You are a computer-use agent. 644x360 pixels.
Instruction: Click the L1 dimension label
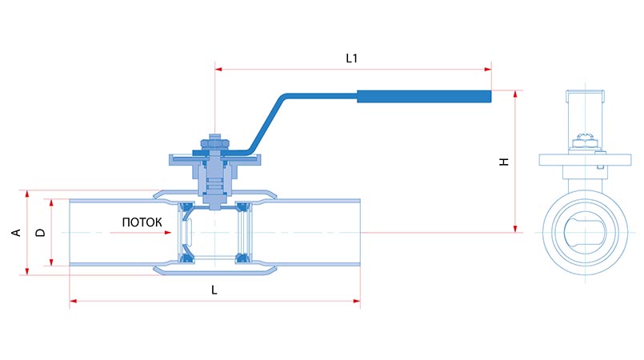(x=351, y=58)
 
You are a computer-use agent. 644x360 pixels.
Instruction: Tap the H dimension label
(x=504, y=162)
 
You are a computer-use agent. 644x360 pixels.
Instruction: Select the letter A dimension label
(x=16, y=233)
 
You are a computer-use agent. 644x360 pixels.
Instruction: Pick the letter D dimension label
(x=40, y=233)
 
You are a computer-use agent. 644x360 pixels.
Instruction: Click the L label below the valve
(x=214, y=290)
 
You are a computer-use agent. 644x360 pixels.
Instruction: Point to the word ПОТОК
(x=142, y=222)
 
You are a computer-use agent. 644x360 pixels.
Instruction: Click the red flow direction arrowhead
(x=167, y=233)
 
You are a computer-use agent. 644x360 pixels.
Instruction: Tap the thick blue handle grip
(x=424, y=97)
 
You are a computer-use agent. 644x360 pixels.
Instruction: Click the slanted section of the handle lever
(x=266, y=123)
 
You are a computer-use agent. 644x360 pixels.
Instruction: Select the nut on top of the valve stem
(x=214, y=144)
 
